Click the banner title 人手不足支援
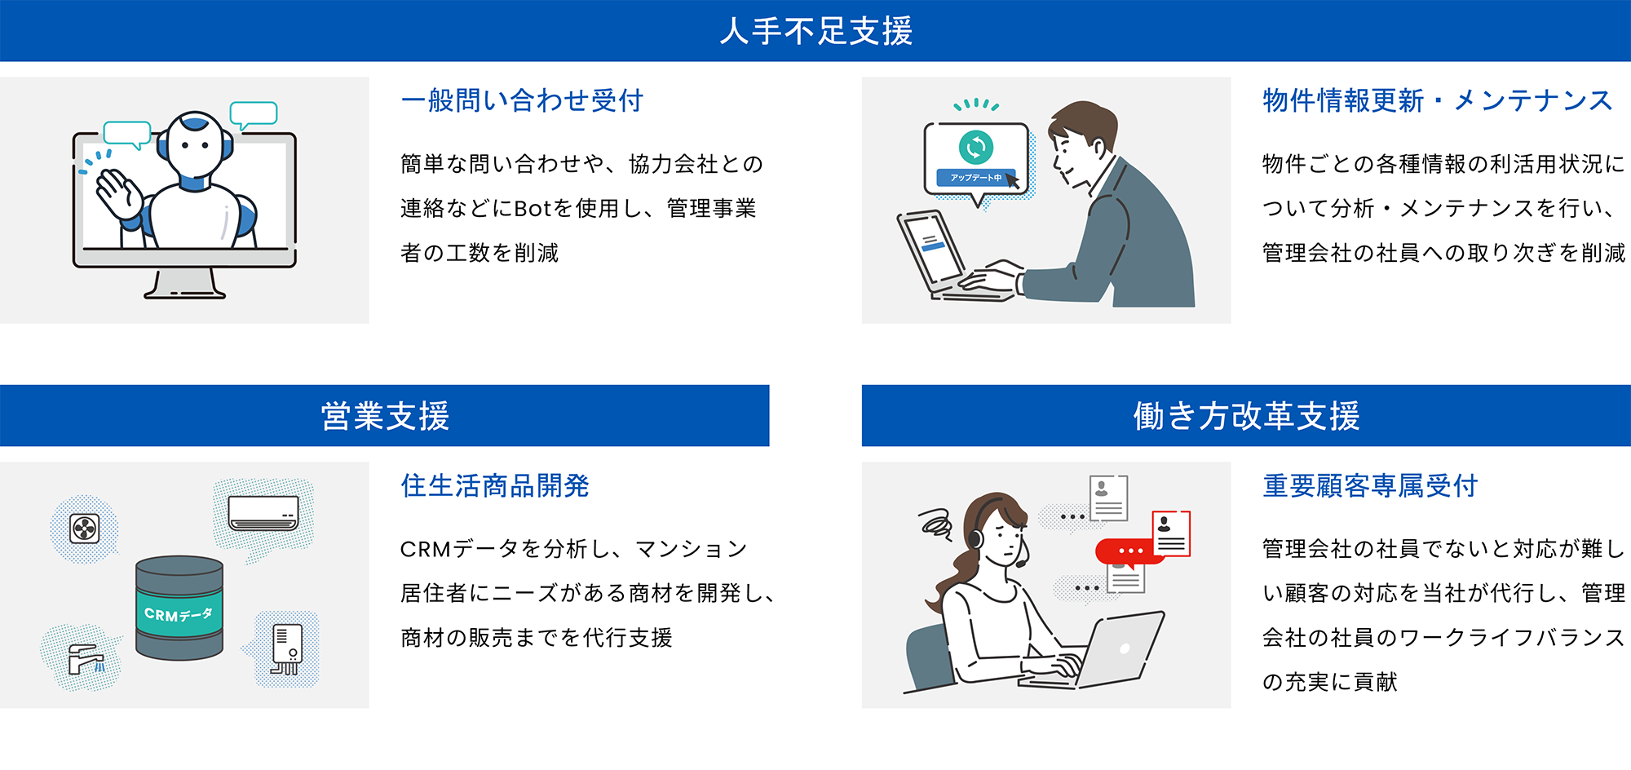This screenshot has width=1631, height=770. [x=815, y=31]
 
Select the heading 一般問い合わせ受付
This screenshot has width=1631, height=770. [x=522, y=100]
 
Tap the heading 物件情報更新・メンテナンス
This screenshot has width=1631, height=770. [x=1437, y=100]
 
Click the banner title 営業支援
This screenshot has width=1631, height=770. [x=385, y=416]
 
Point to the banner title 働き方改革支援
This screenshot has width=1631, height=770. [x=1246, y=416]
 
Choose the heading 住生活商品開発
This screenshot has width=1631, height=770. [x=494, y=485]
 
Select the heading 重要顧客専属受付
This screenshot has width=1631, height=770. [x=1370, y=485]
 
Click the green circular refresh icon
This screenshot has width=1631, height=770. [x=975, y=148]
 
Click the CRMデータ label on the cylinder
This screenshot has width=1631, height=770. [x=179, y=613]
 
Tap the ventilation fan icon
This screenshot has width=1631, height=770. [x=85, y=529]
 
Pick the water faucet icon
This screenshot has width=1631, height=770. [x=84, y=657]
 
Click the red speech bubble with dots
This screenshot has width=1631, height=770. [x=1129, y=551]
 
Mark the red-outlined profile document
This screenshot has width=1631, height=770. [x=1172, y=533]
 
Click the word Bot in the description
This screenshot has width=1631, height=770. [x=533, y=209]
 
